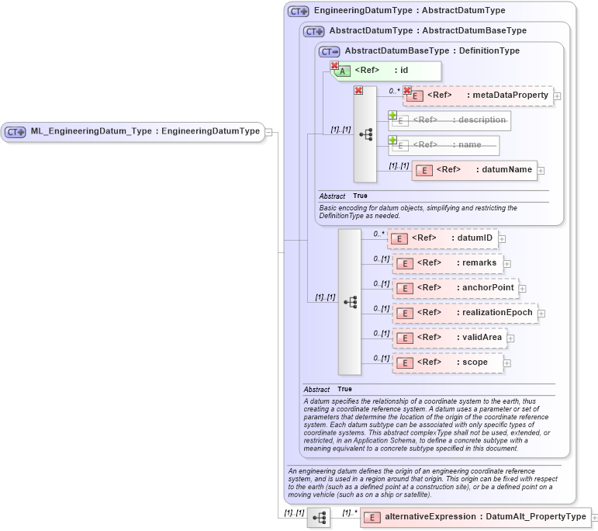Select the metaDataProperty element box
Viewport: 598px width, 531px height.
click(x=478, y=95)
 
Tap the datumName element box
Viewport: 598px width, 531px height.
click(x=475, y=170)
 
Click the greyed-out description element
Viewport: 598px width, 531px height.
click(x=450, y=120)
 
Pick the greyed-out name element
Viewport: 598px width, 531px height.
click(x=444, y=145)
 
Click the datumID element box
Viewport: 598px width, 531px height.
click(x=441, y=238)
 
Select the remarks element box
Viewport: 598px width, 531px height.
click(x=448, y=263)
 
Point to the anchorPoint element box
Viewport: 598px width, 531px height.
click(x=455, y=288)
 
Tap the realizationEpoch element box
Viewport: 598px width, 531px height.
click(x=465, y=313)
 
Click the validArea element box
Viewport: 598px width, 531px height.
click(x=450, y=338)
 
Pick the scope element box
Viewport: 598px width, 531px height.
click(x=448, y=363)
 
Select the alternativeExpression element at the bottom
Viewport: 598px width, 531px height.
click(x=475, y=517)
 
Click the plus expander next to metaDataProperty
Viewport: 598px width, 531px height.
click(x=557, y=96)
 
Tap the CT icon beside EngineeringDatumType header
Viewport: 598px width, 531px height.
click(x=298, y=12)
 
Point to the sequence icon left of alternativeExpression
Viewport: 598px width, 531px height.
click(x=319, y=517)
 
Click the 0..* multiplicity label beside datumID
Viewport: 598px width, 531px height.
click(x=379, y=233)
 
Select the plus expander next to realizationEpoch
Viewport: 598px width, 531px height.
click(x=541, y=314)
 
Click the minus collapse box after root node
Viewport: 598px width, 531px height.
click(x=268, y=132)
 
